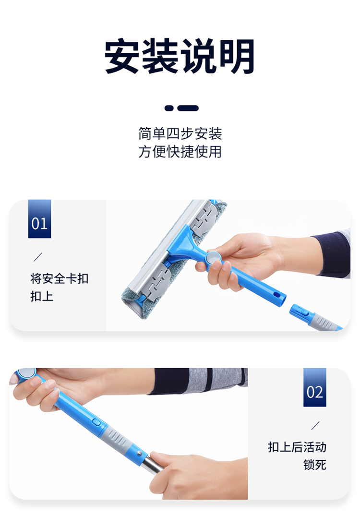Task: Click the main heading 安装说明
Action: pos(180,56)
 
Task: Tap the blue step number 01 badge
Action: pos(40,219)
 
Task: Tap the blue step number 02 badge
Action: pos(314,387)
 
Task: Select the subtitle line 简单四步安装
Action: pos(180,133)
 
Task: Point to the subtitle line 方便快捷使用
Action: pos(180,152)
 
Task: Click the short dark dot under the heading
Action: pos(169,108)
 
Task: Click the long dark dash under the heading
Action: pos(188,108)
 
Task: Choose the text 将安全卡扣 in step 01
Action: pos(60,279)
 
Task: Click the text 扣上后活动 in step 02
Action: pos(297,447)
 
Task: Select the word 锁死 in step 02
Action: pos(315,465)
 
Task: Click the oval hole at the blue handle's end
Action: pos(277,295)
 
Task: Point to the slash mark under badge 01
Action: pos(38,257)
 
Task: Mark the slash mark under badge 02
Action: pos(315,426)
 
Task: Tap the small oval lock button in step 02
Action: pos(96,421)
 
